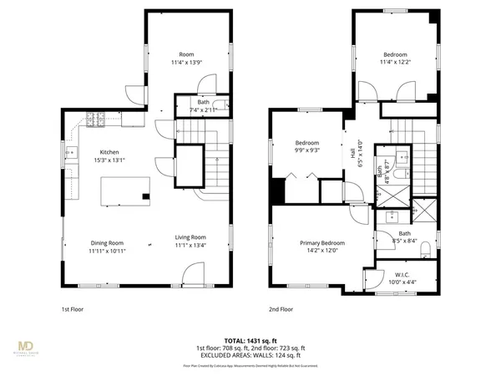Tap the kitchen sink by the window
[x=72, y=154]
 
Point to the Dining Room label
[x=108, y=243]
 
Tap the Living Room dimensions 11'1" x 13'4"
[x=190, y=246]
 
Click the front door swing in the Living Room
[x=193, y=273]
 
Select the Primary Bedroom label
[x=323, y=242]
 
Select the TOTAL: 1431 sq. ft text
[x=250, y=341]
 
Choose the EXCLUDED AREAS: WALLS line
[x=250, y=354]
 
